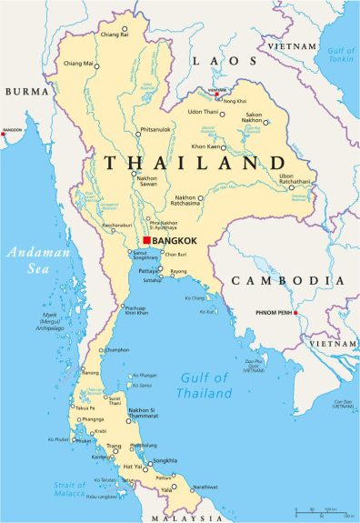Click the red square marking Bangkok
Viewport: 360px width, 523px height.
(146, 240)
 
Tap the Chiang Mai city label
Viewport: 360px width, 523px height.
(79, 64)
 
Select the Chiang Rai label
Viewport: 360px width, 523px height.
(114, 34)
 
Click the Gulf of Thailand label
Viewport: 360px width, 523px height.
(205, 386)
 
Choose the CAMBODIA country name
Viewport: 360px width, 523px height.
(287, 280)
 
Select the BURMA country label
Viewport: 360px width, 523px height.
(26, 92)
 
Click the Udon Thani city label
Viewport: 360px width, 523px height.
(203, 111)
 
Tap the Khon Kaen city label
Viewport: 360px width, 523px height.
(207, 146)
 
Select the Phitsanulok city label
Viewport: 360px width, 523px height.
(155, 129)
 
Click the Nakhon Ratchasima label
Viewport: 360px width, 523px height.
(186, 200)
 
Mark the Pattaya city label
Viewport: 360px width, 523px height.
(149, 271)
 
